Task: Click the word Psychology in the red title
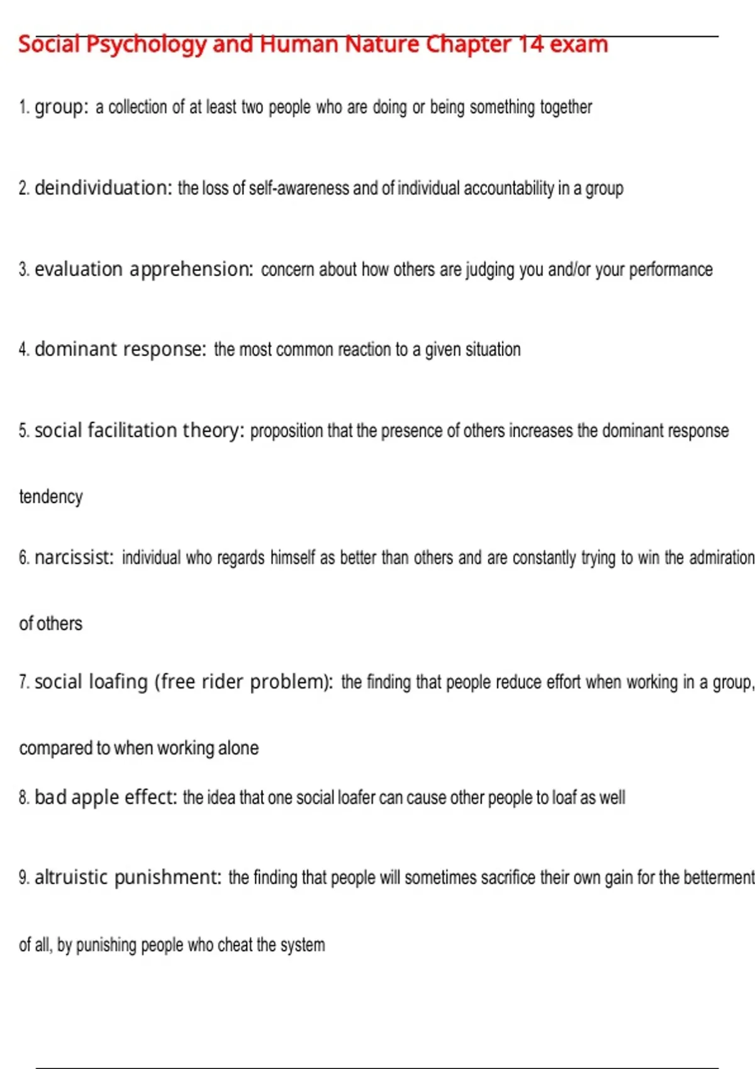pos(146,45)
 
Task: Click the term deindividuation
pos(103,188)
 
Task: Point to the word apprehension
pos(191,270)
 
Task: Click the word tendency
pos(51,497)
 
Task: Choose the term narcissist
pos(74,558)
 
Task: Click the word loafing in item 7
pos(118,682)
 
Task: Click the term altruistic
pos(71,877)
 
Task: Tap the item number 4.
pos(24,350)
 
